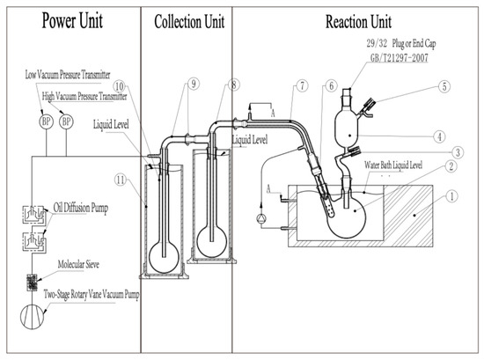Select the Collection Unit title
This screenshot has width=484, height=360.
[186, 21]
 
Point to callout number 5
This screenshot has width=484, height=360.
[445, 87]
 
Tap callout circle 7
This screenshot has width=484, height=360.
[301, 84]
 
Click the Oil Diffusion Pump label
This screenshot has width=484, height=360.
[82, 208]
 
